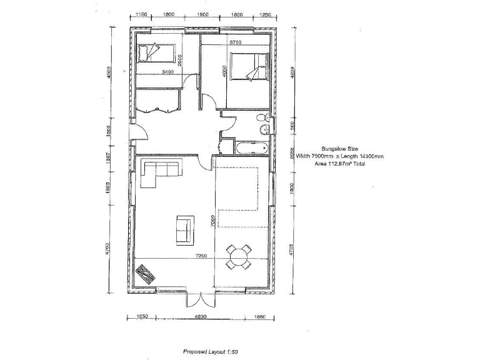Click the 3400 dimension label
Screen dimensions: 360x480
pyautogui.click(x=167, y=72)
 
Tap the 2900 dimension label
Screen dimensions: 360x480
pyautogui.click(x=180, y=59)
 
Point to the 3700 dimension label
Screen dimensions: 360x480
pyautogui.click(x=235, y=42)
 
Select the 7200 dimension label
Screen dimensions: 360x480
pyautogui.click(x=201, y=256)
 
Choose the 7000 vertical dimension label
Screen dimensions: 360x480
pyautogui.click(x=213, y=222)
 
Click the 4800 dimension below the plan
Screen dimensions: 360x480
pyautogui.click(x=200, y=317)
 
